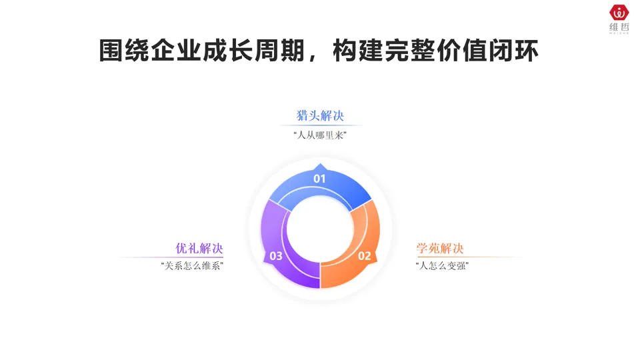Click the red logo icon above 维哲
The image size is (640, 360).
[x=619, y=12]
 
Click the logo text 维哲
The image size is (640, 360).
[x=619, y=27]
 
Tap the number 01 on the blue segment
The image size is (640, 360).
[x=320, y=179]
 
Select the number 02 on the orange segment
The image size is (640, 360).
[x=365, y=256]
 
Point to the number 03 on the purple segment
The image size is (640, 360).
[x=275, y=256]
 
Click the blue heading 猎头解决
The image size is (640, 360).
[x=320, y=115]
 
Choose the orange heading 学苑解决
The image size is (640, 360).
[x=440, y=249]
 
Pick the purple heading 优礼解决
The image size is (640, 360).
[x=199, y=249]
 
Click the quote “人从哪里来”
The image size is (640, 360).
[x=320, y=135]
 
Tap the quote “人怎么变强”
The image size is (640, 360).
[x=441, y=266]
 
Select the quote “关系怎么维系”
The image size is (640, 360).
[x=192, y=266]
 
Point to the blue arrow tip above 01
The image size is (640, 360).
[x=320, y=166]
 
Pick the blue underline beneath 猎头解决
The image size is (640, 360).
[x=320, y=125]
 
